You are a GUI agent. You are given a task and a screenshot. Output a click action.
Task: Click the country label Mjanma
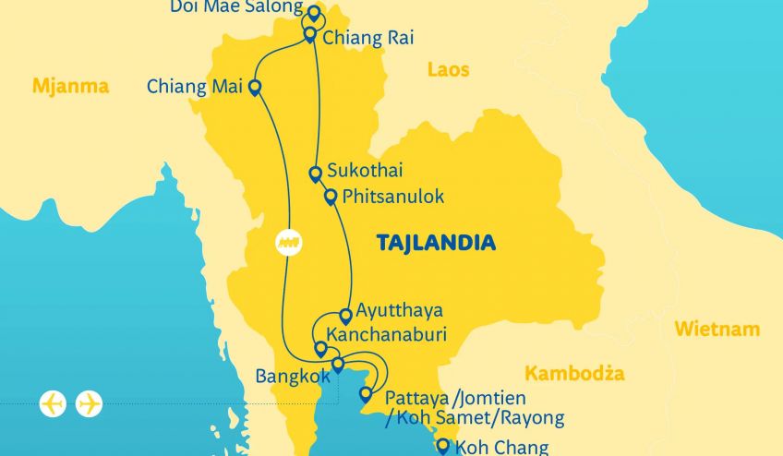tap(70, 87)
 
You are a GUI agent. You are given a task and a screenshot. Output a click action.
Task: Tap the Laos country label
tap(448, 69)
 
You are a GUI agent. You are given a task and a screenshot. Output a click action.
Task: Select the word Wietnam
tap(717, 329)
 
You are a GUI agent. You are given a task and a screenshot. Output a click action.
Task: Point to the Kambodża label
tap(574, 374)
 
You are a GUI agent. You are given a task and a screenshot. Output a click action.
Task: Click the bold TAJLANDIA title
tap(436, 244)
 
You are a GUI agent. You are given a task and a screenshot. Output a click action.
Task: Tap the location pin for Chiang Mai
tap(254, 88)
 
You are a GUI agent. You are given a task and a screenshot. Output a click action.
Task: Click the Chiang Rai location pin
tap(310, 35)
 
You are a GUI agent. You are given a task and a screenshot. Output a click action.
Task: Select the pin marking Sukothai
tap(316, 173)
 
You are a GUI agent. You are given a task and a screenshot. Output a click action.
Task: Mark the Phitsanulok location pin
tap(331, 197)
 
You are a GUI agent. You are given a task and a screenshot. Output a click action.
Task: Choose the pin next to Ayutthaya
tap(346, 316)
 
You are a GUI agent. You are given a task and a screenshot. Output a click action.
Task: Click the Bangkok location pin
tap(338, 365)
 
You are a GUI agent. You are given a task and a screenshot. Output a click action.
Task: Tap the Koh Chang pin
tap(442, 447)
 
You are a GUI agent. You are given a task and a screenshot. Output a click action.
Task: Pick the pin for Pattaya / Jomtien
tap(366, 395)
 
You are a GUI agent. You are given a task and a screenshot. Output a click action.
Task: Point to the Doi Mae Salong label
tap(236, 7)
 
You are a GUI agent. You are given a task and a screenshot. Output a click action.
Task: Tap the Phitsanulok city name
tap(392, 197)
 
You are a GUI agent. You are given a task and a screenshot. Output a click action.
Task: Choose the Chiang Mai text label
tap(194, 88)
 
